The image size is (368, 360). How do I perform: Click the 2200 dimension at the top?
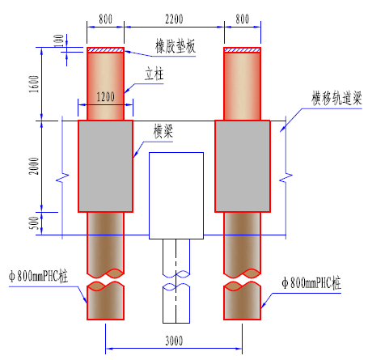tap(174, 19)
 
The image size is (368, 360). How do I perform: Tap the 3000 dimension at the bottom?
tap(174, 341)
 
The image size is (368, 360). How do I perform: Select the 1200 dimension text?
tap(105, 96)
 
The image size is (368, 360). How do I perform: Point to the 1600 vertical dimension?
tap(34, 84)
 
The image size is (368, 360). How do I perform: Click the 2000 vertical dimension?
tap(34, 166)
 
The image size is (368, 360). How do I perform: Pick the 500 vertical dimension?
tap(34, 223)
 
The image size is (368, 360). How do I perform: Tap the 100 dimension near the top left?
tap(59, 40)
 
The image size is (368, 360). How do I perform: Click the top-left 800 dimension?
tap(105, 19)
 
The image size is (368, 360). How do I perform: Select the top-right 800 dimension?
tap(243, 19)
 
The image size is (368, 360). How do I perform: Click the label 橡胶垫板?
tap(176, 46)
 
